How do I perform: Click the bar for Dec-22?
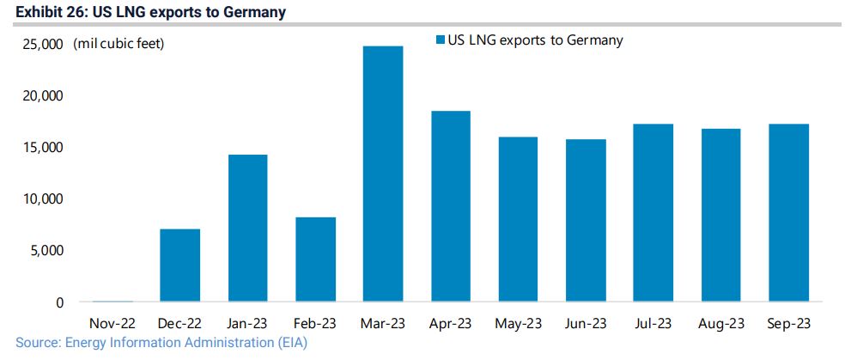[179, 265]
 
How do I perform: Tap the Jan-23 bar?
[247, 229]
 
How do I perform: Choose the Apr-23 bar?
[450, 206]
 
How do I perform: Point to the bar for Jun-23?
[585, 221]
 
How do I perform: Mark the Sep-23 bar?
[787, 213]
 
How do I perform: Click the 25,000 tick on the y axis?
[40, 44]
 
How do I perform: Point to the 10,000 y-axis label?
[40, 198]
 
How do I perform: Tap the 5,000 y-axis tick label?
[44, 250]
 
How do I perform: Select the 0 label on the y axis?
[59, 302]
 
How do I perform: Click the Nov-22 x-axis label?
[112, 324]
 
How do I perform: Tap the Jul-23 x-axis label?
[653, 324]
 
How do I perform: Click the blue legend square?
[441, 40]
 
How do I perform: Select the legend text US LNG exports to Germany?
[535, 40]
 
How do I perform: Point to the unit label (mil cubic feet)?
[119, 44]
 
